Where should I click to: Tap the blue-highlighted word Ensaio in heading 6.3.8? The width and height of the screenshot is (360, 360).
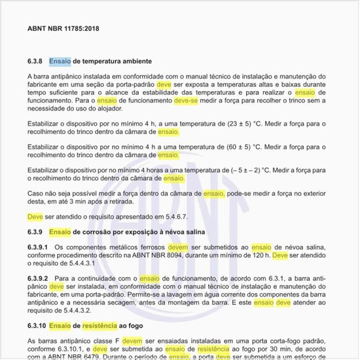tap(60, 61)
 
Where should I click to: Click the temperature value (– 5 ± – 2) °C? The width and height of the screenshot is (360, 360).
tap(236, 170)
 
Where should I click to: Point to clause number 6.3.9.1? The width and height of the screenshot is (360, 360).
tap(38, 247)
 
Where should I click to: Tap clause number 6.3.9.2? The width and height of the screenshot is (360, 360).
tap(38, 279)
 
